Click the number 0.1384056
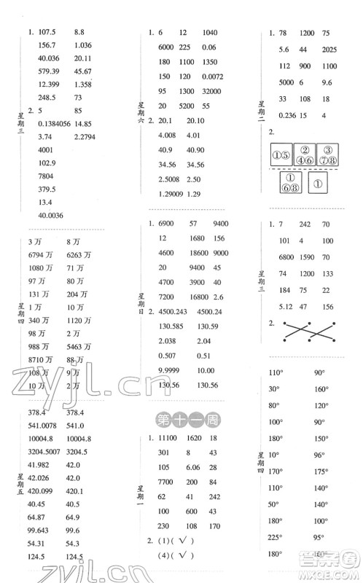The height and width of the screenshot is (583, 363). click(47, 125)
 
